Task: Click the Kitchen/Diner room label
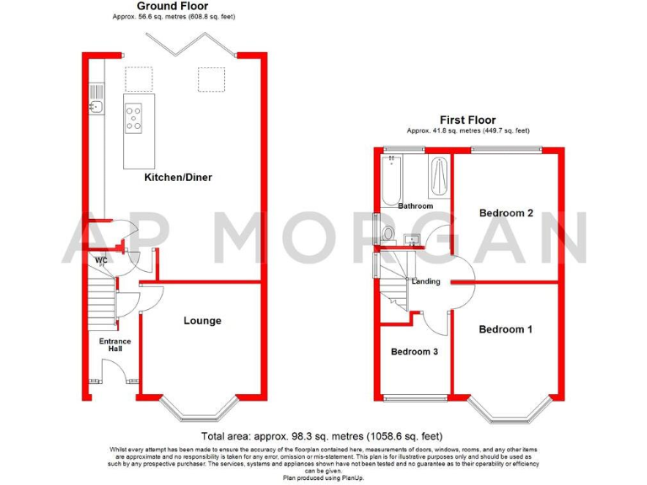click(177, 178)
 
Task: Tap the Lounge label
click(202, 321)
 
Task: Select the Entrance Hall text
click(115, 345)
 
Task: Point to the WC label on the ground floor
click(100, 260)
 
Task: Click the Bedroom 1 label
click(505, 329)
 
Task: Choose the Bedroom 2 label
click(505, 213)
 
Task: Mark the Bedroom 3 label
click(414, 352)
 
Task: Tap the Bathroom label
click(415, 206)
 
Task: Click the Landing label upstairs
click(425, 281)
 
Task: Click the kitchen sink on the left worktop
click(98, 105)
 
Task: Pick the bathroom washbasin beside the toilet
click(411, 239)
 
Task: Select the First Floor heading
click(468, 120)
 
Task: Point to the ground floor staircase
click(100, 303)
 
